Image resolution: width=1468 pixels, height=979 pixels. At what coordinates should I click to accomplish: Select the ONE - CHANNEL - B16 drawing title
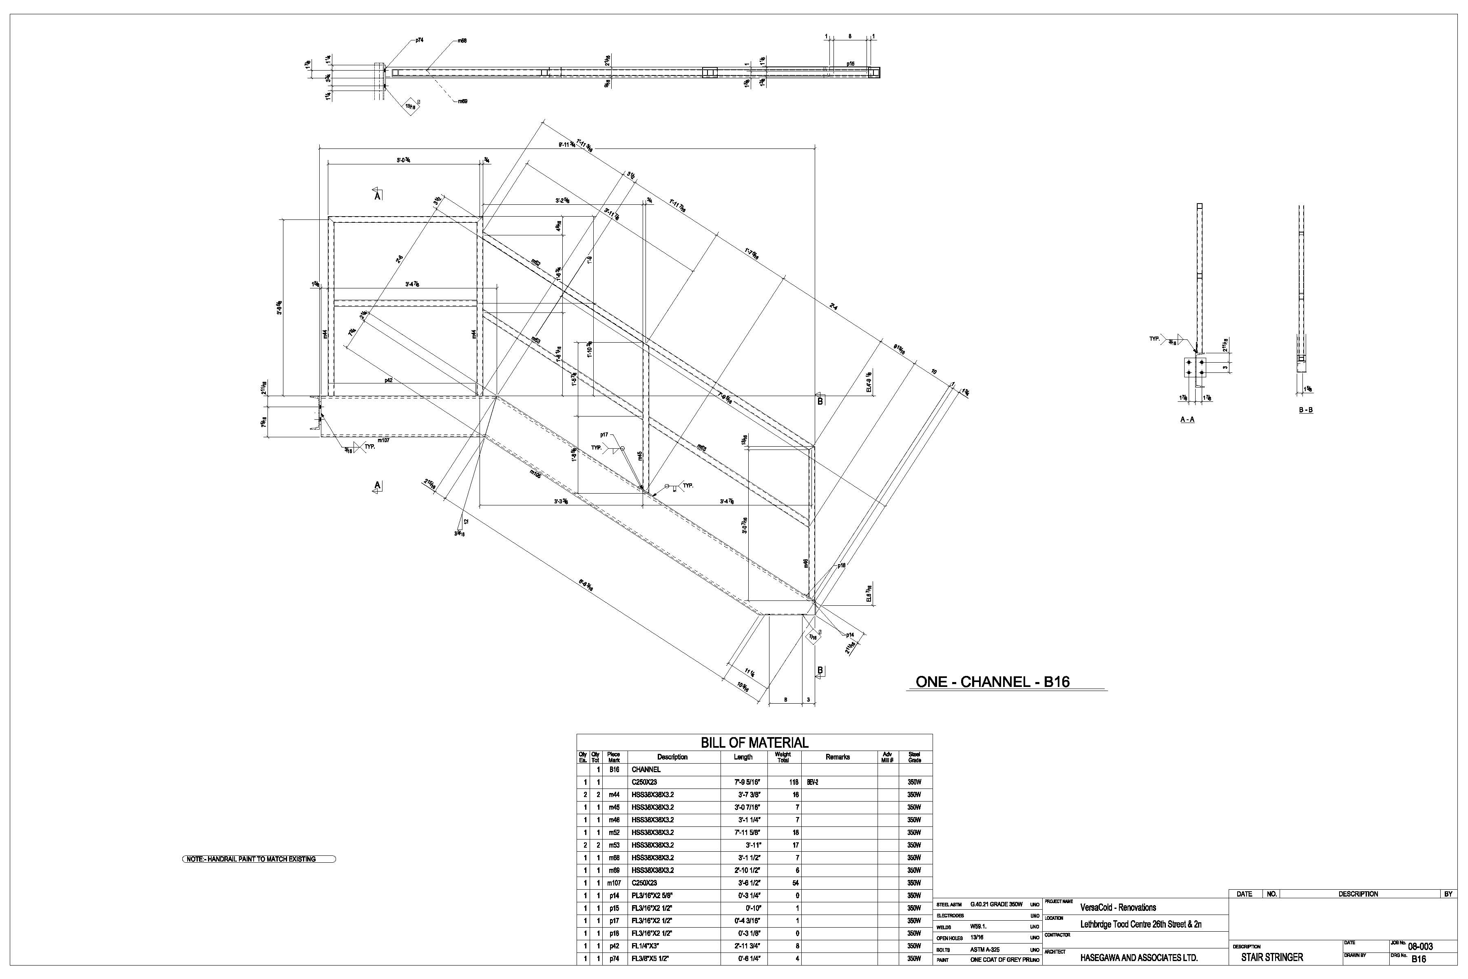click(x=993, y=682)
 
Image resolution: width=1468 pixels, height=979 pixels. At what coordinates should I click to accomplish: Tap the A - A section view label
click(x=1187, y=420)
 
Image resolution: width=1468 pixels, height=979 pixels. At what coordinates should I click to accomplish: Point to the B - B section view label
click(x=1305, y=410)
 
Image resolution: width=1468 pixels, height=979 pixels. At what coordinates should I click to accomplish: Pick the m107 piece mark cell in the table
click(x=614, y=883)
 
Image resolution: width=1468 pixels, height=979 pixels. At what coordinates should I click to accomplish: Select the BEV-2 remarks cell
click(x=812, y=782)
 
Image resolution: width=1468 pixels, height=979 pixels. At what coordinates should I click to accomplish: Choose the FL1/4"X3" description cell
click(x=649, y=946)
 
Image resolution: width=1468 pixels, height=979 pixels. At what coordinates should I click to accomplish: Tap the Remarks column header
click(x=838, y=757)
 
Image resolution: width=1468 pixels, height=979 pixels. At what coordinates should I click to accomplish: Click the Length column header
click(x=743, y=757)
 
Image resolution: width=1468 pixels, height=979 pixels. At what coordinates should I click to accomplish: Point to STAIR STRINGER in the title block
click(x=1271, y=957)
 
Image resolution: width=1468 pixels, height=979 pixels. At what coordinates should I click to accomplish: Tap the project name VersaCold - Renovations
click(x=1118, y=907)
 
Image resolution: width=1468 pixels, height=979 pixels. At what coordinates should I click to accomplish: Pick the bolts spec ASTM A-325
click(x=984, y=950)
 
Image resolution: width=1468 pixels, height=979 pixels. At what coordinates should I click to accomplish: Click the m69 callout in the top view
click(x=462, y=101)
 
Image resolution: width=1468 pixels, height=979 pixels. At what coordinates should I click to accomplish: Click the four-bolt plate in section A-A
click(x=1195, y=368)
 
